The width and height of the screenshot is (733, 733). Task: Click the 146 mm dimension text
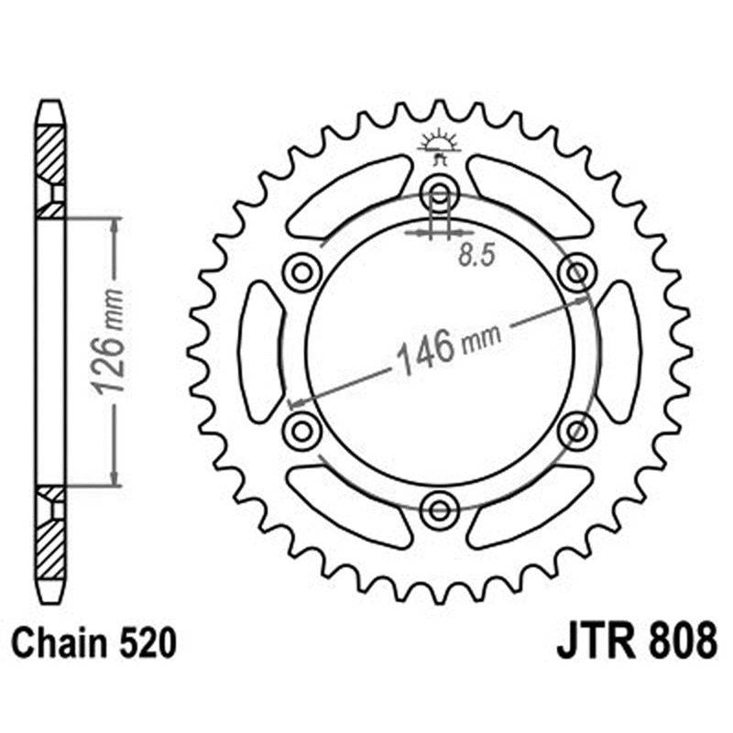coord(447,347)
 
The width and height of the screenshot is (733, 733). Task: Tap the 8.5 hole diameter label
coord(476,256)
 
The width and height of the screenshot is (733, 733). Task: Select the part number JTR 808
coord(636,642)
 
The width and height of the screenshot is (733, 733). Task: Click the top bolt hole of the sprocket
coord(440,194)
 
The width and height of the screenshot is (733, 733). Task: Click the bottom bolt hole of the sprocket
coord(440,509)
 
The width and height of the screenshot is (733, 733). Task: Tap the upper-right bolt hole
coord(577,272)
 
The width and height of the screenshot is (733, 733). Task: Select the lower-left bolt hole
coord(302,430)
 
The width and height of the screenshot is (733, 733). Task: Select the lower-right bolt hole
coord(577,430)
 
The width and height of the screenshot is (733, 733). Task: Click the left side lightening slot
coord(260,351)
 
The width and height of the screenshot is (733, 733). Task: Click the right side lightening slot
coord(619,351)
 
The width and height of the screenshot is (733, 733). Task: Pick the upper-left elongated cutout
coord(348,196)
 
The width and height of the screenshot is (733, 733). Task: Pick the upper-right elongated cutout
coord(531,196)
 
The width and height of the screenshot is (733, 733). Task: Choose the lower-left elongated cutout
coord(348,505)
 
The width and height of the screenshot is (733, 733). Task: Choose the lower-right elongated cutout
coord(531,505)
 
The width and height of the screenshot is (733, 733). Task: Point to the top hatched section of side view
coord(50,156)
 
